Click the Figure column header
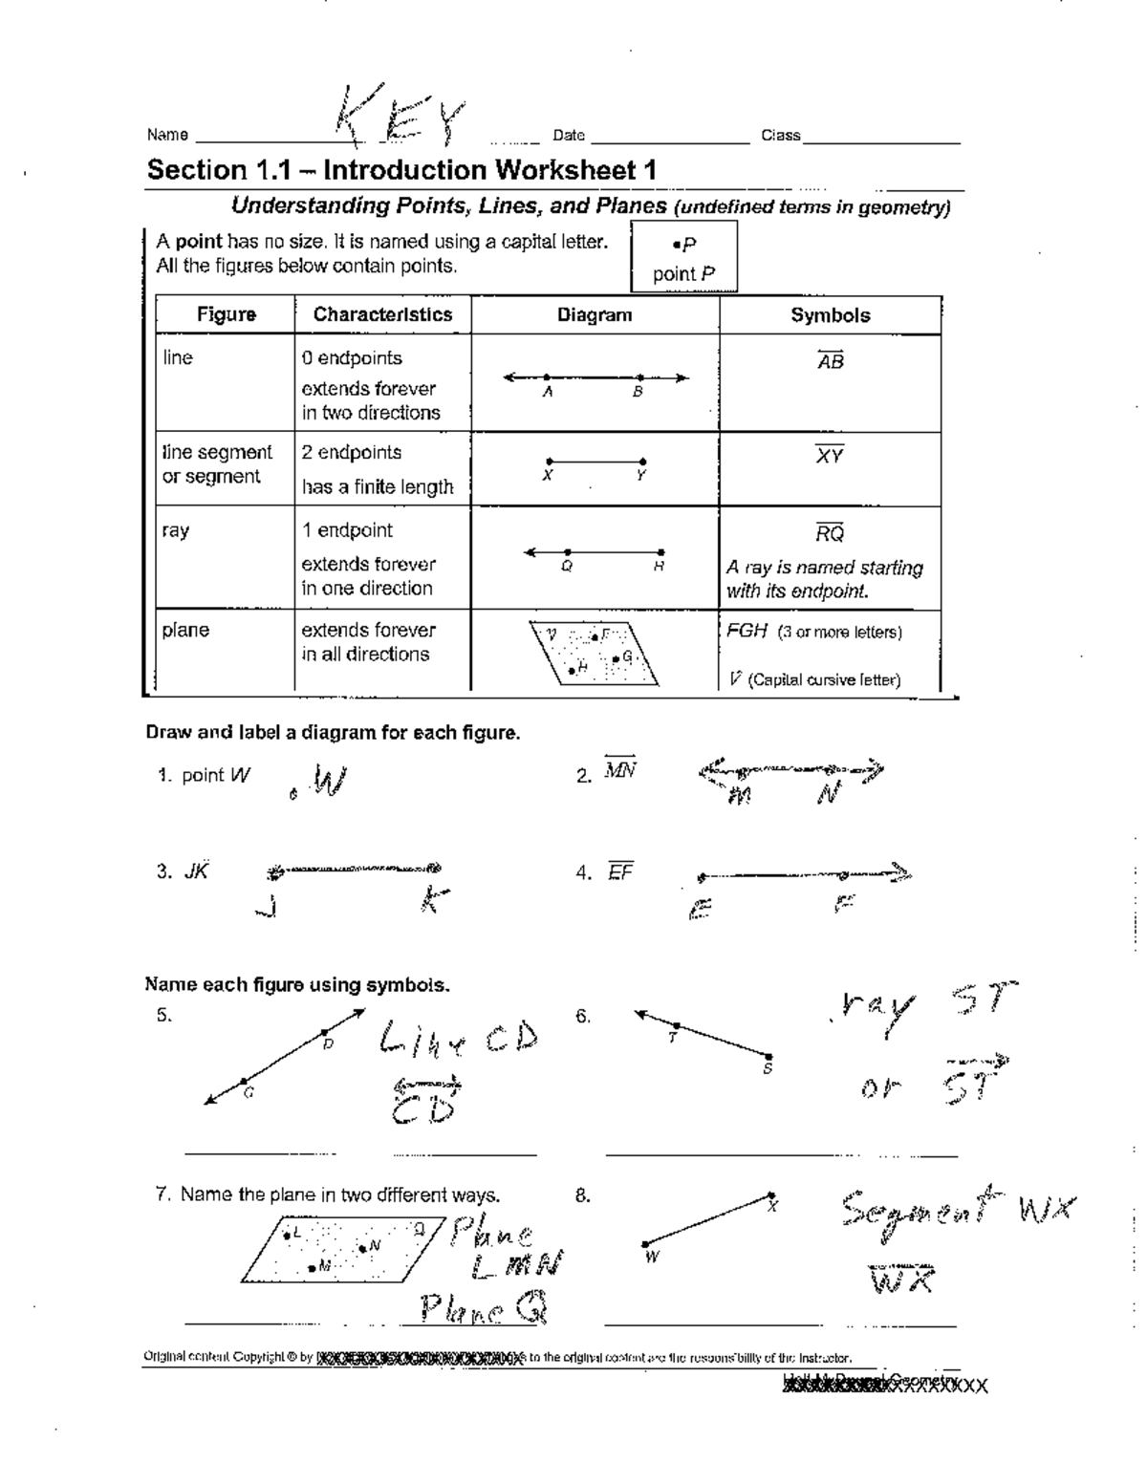click(x=227, y=314)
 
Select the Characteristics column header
click(x=382, y=314)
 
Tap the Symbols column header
click(x=830, y=315)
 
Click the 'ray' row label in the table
click(x=176, y=530)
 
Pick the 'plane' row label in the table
click(x=185, y=631)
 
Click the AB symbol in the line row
click(x=830, y=361)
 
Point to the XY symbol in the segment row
click(x=829, y=456)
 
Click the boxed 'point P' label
click(x=683, y=273)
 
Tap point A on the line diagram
click(x=547, y=378)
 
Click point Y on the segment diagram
click(x=642, y=462)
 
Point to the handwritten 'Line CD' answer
click(x=459, y=1038)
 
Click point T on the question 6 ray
click(x=676, y=1025)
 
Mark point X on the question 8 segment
click(x=771, y=1195)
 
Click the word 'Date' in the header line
click(x=569, y=136)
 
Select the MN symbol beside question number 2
click(x=619, y=771)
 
